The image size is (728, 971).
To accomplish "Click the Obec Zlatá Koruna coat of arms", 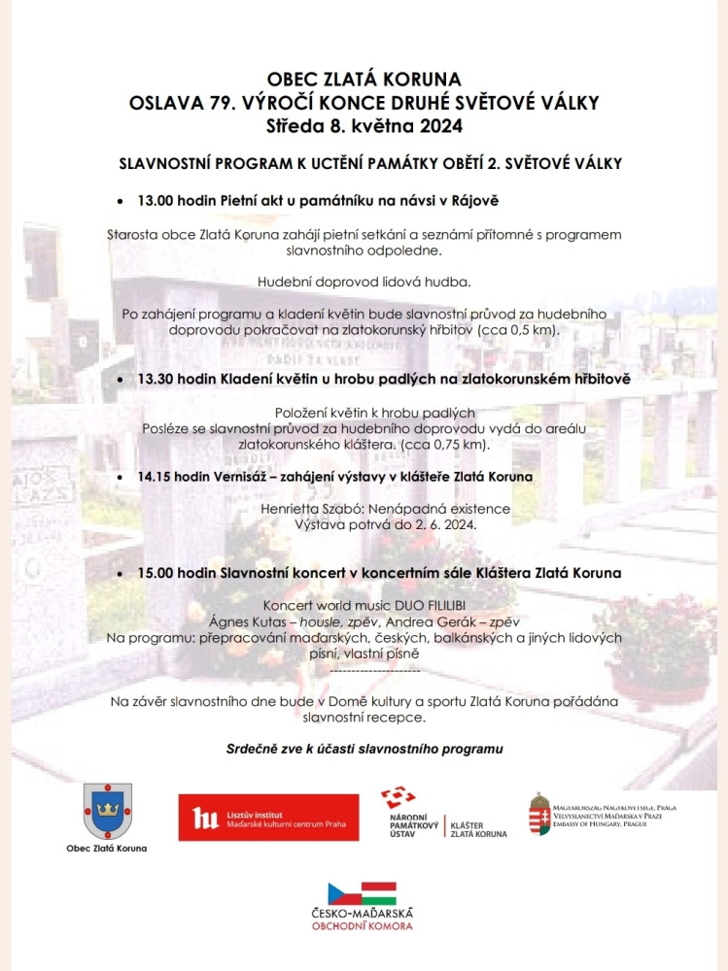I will [x=107, y=811].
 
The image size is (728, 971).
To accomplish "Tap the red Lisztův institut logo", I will [x=268, y=817].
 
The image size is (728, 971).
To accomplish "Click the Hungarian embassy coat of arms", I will [x=540, y=814].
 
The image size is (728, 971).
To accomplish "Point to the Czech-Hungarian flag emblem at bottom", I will [x=362, y=893].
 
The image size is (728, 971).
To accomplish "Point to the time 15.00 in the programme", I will [x=156, y=573].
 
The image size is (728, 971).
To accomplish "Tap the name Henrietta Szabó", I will [x=311, y=509].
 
